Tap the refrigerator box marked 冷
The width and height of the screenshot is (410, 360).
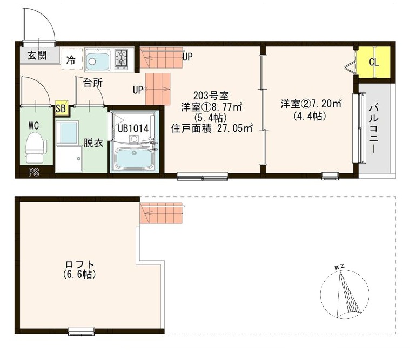71,59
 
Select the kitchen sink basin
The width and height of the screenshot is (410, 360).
98,60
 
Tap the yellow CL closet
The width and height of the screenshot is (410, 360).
374,62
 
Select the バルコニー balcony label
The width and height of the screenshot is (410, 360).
373,130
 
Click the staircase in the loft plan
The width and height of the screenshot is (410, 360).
160,213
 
